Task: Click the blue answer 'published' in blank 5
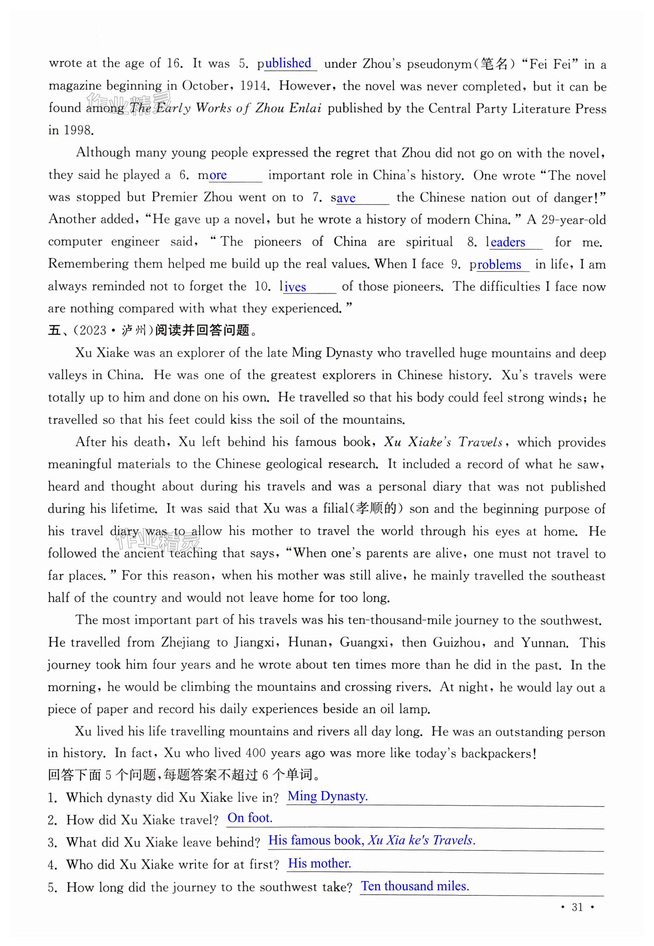[288, 63]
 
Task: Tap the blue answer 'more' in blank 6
[218, 175]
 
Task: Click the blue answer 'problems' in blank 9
[499, 265]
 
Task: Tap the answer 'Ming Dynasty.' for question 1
[328, 796]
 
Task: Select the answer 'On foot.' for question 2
[250, 818]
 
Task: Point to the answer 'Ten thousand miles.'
[415, 886]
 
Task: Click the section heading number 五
[54, 330]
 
